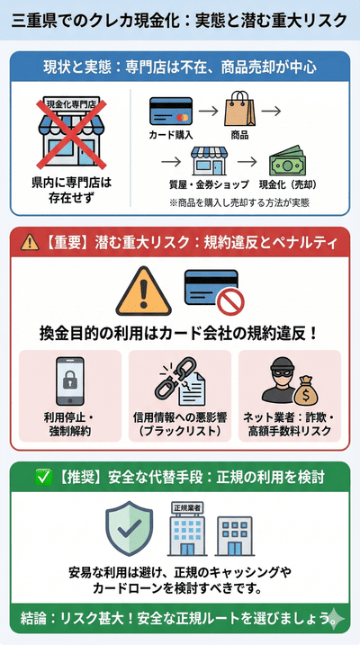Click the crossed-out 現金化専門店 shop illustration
coord(60,133)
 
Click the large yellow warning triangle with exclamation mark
coord(143,290)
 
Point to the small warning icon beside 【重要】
coord(31,240)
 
